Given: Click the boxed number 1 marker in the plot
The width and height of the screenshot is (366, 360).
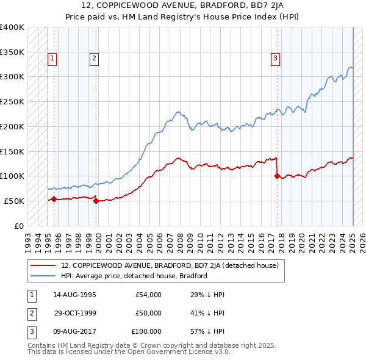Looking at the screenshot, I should tap(52, 59).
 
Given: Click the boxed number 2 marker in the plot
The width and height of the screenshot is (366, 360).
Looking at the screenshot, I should tap(95, 59).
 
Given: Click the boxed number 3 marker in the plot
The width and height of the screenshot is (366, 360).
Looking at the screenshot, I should tap(275, 59).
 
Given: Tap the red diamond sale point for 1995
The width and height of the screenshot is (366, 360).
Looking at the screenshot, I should tap(54, 199).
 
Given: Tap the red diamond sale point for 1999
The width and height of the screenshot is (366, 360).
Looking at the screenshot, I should tap(96, 201).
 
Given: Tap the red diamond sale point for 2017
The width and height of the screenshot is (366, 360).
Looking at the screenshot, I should tap(277, 176).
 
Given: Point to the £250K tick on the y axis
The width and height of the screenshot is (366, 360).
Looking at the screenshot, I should tap(12, 102).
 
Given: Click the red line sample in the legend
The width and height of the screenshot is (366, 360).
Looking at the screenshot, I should tap(45, 265).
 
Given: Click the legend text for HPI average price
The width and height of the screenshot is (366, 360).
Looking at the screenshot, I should tap(134, 276).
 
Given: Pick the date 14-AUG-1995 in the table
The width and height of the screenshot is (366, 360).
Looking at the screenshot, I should tap(75, 295).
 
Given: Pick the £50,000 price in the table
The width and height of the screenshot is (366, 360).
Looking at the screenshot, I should tap(148, 313).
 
